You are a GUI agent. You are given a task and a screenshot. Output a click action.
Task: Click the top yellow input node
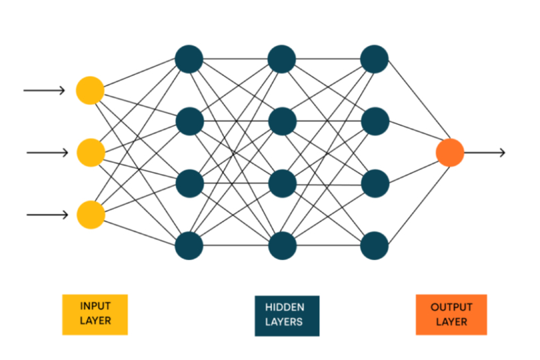pos(90,90)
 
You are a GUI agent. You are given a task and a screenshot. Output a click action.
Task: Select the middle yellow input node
pos(91,153)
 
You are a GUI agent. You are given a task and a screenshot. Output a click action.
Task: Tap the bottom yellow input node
pos(91,215)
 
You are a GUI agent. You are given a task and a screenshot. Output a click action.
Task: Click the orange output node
pos(450,153)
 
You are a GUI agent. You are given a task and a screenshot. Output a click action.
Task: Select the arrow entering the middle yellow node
pos(47,153)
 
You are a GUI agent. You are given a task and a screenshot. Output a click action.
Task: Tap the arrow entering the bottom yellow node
pos(47,215)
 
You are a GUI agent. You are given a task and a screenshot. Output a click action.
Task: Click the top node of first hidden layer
pos(189,59)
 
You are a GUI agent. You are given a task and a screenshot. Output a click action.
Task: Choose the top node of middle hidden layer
pos(282,59)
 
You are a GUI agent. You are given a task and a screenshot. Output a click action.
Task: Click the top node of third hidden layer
pos(375,59)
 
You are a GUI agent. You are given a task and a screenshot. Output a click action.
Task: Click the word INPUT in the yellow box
pos(95,307)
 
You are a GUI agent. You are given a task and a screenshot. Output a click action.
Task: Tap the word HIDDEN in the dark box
pos(285,307)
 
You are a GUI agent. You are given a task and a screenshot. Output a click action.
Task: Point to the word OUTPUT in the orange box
pos(451,307)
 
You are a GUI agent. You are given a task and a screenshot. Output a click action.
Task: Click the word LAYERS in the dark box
pos(285,322)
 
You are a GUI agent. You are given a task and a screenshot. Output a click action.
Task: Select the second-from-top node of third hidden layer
pos(375,121)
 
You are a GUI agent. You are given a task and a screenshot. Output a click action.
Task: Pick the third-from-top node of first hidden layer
pos(189,183)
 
